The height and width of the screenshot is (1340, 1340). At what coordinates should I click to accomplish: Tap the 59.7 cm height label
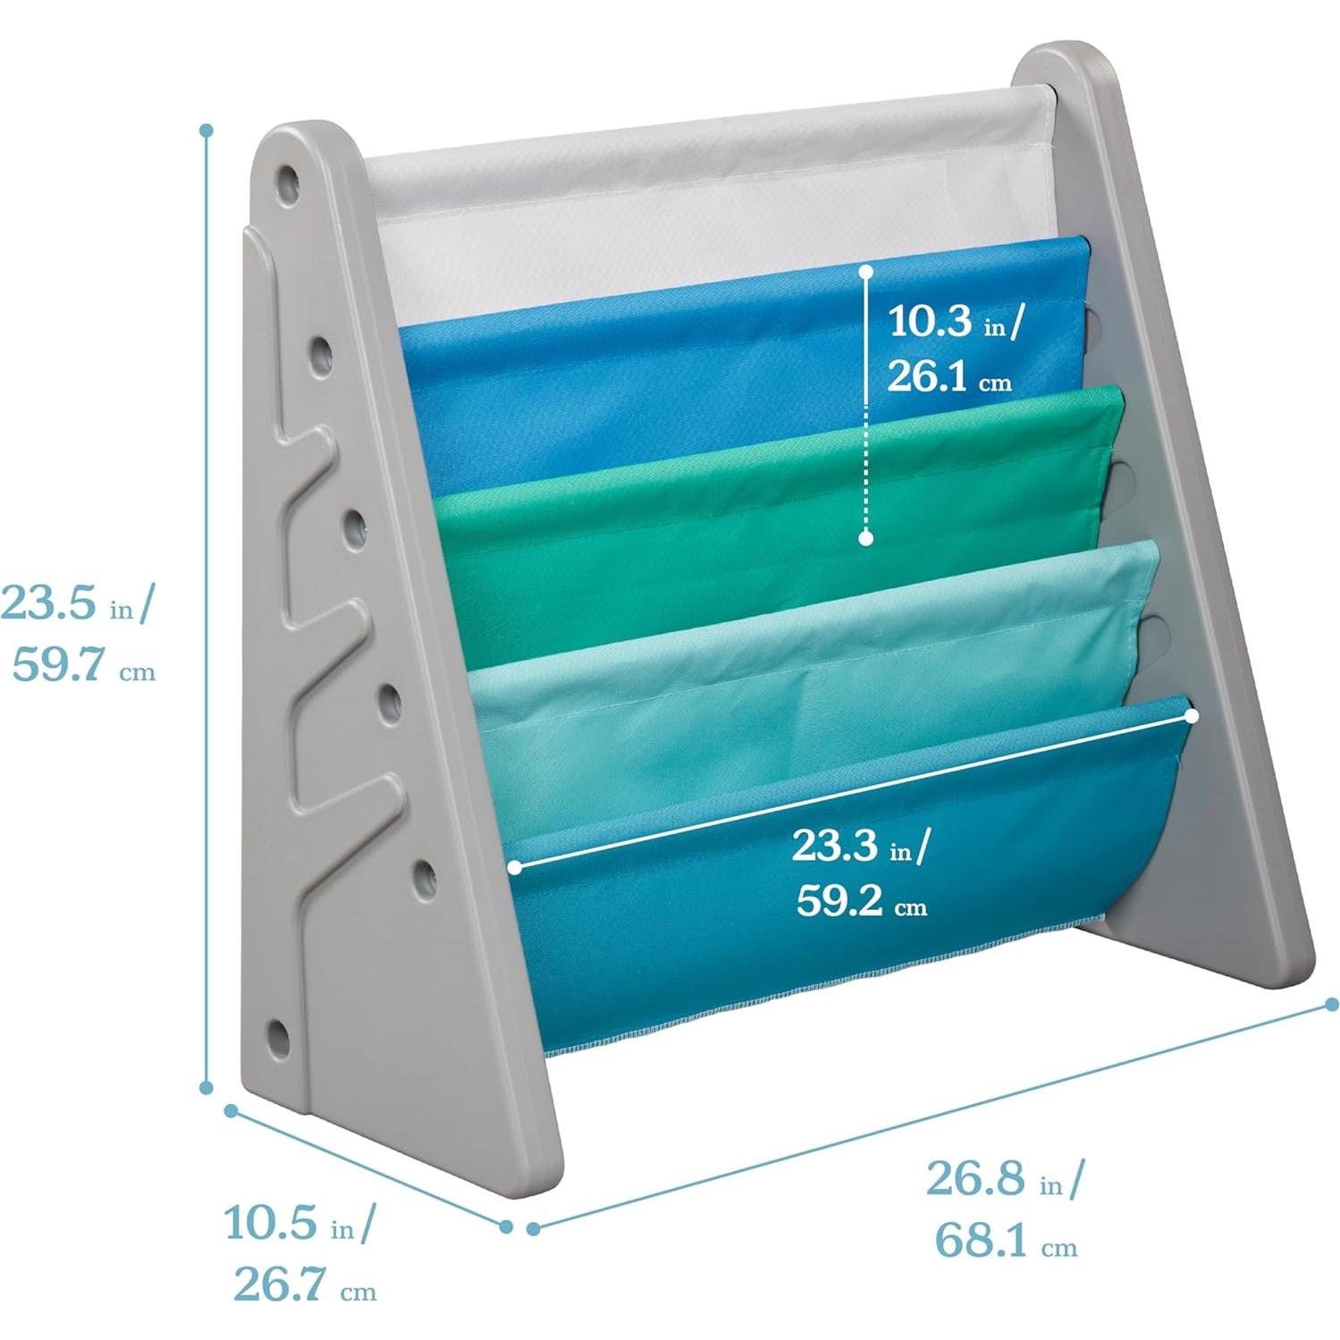pos(83,666)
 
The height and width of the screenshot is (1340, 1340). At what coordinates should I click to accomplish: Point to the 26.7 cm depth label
pos(305,1285)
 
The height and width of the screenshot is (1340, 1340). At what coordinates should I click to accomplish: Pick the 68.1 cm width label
pos(1007,1240)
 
